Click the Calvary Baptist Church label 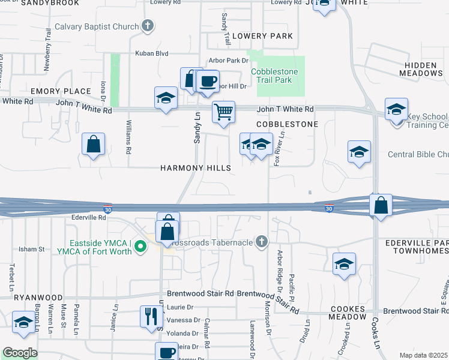[96, 26]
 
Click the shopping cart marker [223, 112]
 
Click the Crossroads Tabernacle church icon [261, 241]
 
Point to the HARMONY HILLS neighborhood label [195, 169]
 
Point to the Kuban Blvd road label [151, 53]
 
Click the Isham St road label [32, 248]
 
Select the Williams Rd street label [128, 137]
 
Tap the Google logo [20, 353]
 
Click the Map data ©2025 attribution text [424, 355]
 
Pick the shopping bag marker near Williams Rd [93, 144]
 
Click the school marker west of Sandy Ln [166, 98]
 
